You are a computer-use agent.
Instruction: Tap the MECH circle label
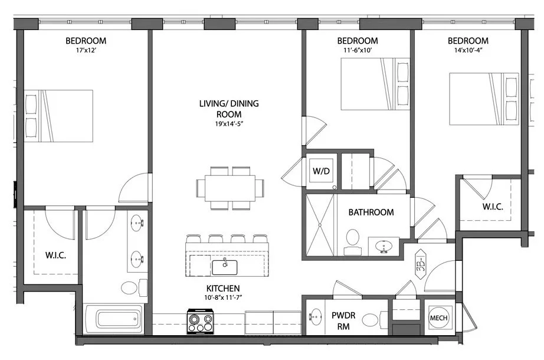click(438, 318)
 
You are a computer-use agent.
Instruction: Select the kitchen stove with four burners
click(200, 322)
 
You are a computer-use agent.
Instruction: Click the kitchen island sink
click(224, 267)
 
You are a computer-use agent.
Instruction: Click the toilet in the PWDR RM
click(371, 320)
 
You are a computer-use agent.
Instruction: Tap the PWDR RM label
click(343, 320)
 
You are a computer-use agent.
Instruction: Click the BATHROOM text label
click(371, 212)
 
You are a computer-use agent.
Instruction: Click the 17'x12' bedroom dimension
click(86, 52)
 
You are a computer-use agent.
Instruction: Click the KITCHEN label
click(222, 288)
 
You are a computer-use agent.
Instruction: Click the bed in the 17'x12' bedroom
click(58, 116)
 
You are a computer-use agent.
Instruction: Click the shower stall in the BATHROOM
click(319, 224)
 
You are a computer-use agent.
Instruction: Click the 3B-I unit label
click(421, 260)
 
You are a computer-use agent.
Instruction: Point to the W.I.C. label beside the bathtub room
click(55, 256)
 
